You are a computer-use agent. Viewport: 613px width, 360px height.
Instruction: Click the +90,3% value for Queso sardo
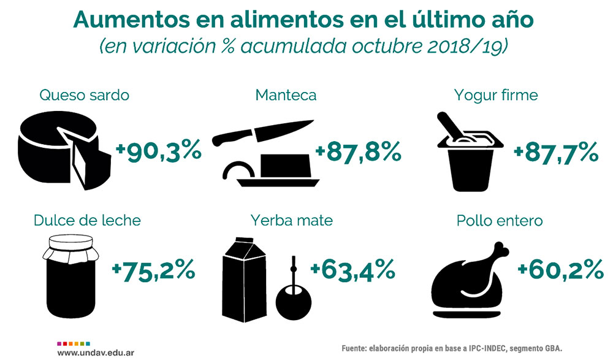click(159, 150)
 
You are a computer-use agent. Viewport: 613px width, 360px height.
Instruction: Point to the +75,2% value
click(154, 270)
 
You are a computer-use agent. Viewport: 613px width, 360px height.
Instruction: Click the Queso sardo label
click(84, 96)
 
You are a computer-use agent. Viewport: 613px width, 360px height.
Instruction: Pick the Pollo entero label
click(500, 221)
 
